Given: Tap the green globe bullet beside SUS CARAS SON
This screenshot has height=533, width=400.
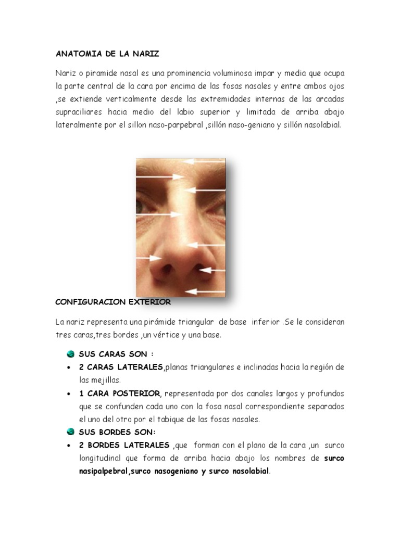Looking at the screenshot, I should [71, 354].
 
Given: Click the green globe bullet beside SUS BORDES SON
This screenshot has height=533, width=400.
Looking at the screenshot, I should [71, 432].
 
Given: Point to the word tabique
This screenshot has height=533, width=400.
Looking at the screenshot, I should [174, 419].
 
